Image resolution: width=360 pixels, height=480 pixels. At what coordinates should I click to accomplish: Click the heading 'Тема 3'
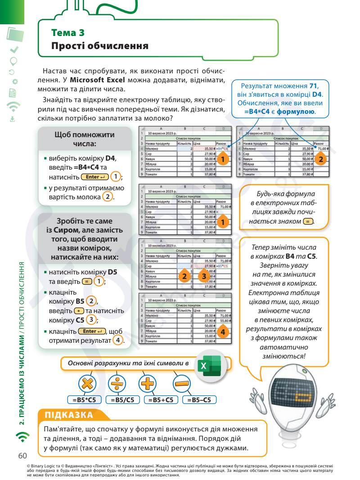click(68, 33)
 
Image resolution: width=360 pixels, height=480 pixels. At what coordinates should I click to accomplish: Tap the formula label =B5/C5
click(123, 399)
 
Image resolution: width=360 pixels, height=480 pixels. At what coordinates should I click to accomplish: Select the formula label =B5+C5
click(161, 399)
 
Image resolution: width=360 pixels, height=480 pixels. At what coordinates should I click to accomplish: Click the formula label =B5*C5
click(85, 399)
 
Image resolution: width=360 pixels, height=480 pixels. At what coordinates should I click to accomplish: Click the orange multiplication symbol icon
click(87, 384)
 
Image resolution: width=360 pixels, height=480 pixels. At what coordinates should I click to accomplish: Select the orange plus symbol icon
click(148, 384)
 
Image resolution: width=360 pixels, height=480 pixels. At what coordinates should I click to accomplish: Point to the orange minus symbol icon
click(182, 384)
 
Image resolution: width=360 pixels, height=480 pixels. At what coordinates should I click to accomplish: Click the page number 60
click(23, 456)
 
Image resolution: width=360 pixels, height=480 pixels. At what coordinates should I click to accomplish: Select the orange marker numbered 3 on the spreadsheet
click(204, 276)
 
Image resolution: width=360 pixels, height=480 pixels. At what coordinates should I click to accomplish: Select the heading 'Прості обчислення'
click(99, 46)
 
